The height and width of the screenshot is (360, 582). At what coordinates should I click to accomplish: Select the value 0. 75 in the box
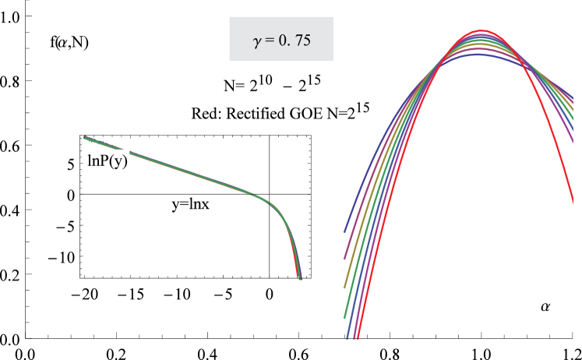[293, 41]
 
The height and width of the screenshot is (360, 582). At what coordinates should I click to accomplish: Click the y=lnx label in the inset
[192, 205]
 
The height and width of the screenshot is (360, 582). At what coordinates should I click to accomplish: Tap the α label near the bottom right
[546, 306]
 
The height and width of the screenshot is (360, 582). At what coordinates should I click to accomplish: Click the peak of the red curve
[482, 31]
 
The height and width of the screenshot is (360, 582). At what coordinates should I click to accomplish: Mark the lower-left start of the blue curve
[344, 232]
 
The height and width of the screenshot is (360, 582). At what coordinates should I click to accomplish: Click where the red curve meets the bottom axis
[357, 338]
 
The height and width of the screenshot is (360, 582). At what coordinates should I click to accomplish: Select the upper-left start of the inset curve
[83, 138]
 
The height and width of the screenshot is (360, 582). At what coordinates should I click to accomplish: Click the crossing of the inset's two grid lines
[270, 194]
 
